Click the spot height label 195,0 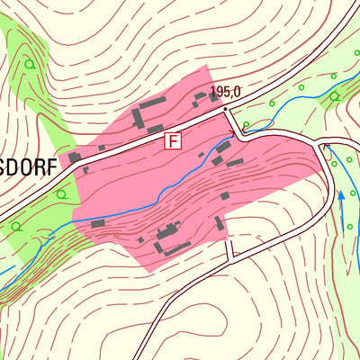click(226, 92)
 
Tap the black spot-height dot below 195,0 click(224, 108)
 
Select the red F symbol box click(172, 140)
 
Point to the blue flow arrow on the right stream click(341, 195)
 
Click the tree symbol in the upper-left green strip click(30, 64)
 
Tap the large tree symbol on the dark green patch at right click(334, 95)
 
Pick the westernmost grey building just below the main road click(75, 157)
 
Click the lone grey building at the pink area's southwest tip click(97, 222)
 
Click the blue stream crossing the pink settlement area click(162, 193)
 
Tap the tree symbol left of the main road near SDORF click(61, 193)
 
